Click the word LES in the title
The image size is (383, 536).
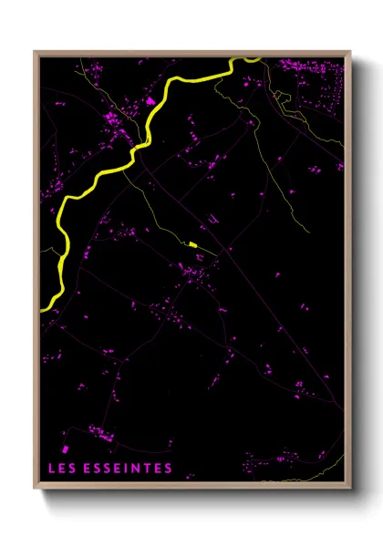point(61,469)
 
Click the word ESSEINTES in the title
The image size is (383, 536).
point(127,469)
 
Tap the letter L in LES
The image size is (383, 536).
point(51,469)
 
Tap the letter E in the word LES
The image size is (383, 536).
point(61,469)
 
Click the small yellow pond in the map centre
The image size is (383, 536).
point(192,244)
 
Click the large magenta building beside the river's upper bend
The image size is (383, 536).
point(151,100)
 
